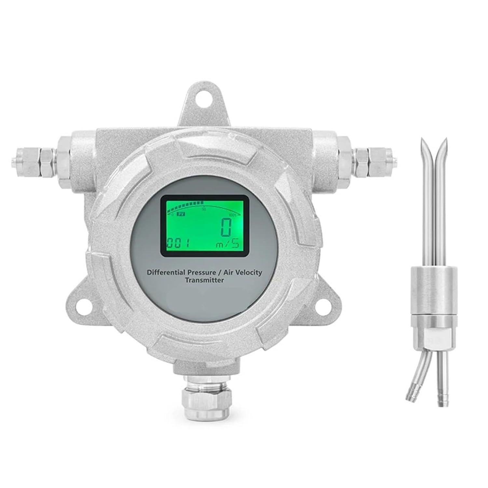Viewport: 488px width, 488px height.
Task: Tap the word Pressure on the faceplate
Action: pos(201,272)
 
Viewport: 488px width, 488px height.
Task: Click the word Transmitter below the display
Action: pos(204,280)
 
